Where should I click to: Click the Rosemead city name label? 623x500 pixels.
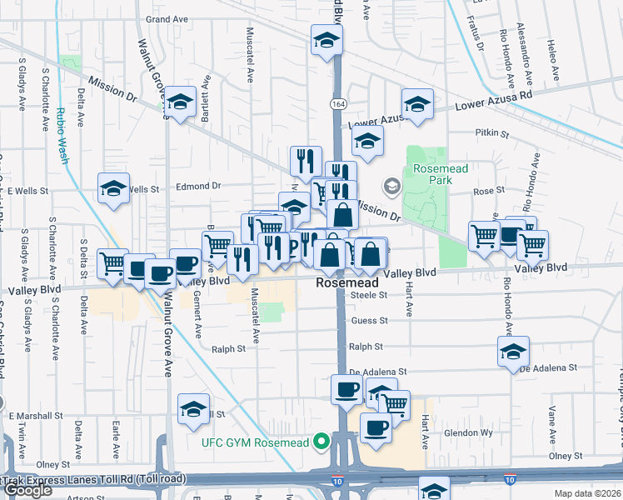click(x=347, y=283)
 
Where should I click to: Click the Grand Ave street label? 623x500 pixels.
click(x=168, y=18)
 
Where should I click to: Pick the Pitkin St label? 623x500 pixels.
click(x=491, y=132)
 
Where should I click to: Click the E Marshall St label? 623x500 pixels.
click(x=36, y=415)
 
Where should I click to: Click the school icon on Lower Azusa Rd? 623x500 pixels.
click(x=417, y=103)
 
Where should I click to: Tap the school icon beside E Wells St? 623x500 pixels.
click(x=114, y=188)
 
